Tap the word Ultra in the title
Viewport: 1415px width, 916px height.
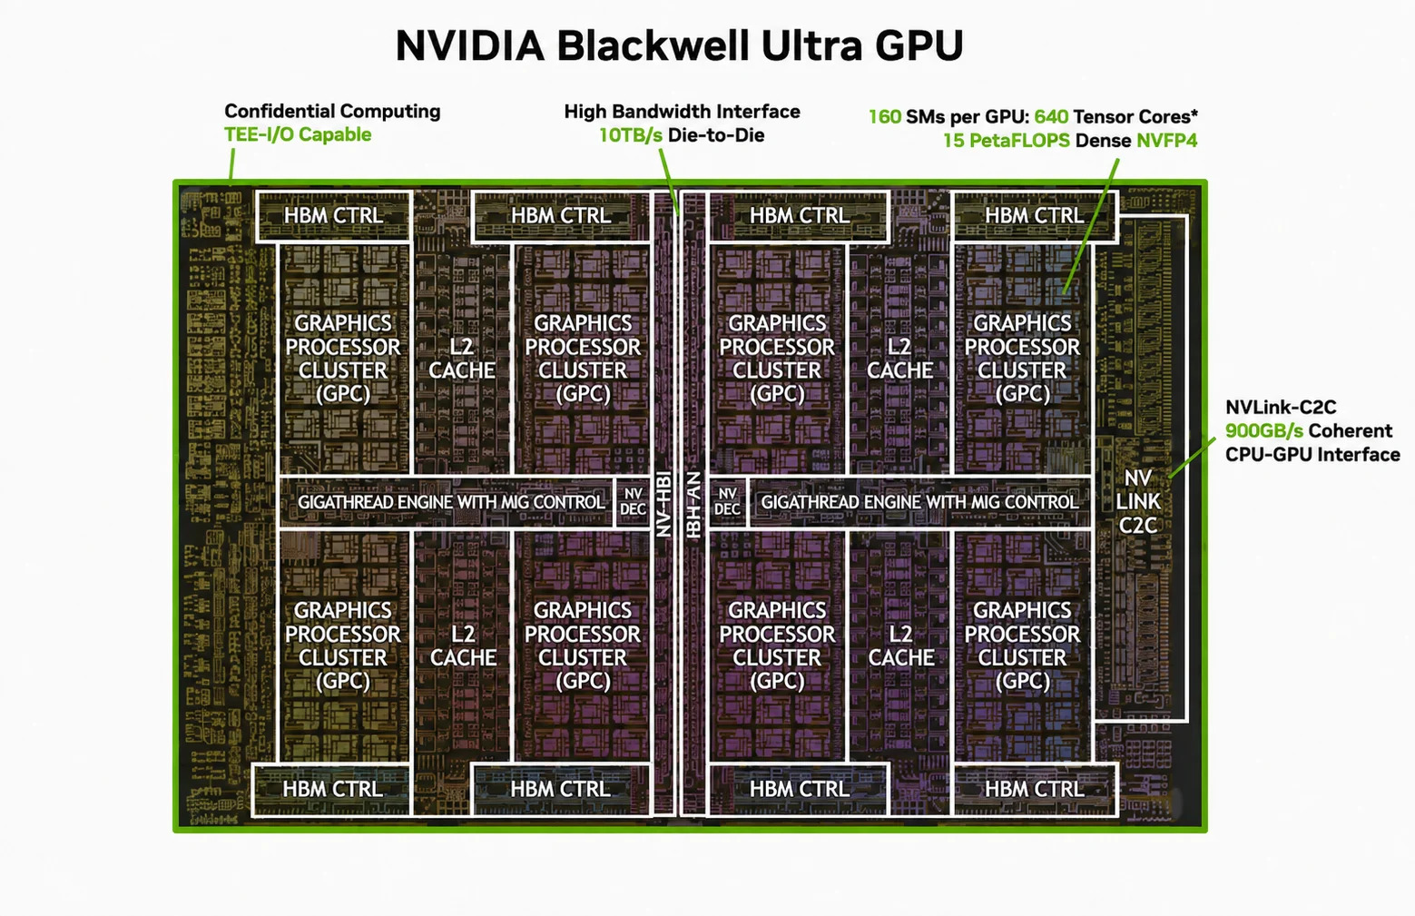coord(811,45)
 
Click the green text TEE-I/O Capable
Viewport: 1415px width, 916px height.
coord(298,134)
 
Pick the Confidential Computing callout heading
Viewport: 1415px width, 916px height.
coord(332,111)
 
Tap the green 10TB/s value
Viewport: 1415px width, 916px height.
coord(631,135)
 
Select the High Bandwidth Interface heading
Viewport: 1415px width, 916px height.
coord(682,112)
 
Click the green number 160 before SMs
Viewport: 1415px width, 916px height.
coord(884,117)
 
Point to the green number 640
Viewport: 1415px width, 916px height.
coord(1051,117)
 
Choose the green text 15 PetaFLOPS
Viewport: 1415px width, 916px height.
coord(1007,140)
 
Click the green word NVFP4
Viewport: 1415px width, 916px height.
coord(1166,140)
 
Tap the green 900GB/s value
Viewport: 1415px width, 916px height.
coord(1264,431)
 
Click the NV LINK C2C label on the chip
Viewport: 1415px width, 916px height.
coord(1137,502)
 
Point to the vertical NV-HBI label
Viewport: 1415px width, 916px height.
coord(663,504)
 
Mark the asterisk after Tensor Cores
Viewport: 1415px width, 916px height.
coord(1194,114)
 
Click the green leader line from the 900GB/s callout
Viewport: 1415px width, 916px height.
coord(1192,458)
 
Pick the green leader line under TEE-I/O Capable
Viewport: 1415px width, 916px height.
coord(231,164)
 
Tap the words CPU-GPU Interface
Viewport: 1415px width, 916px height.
coord(1312,455)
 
